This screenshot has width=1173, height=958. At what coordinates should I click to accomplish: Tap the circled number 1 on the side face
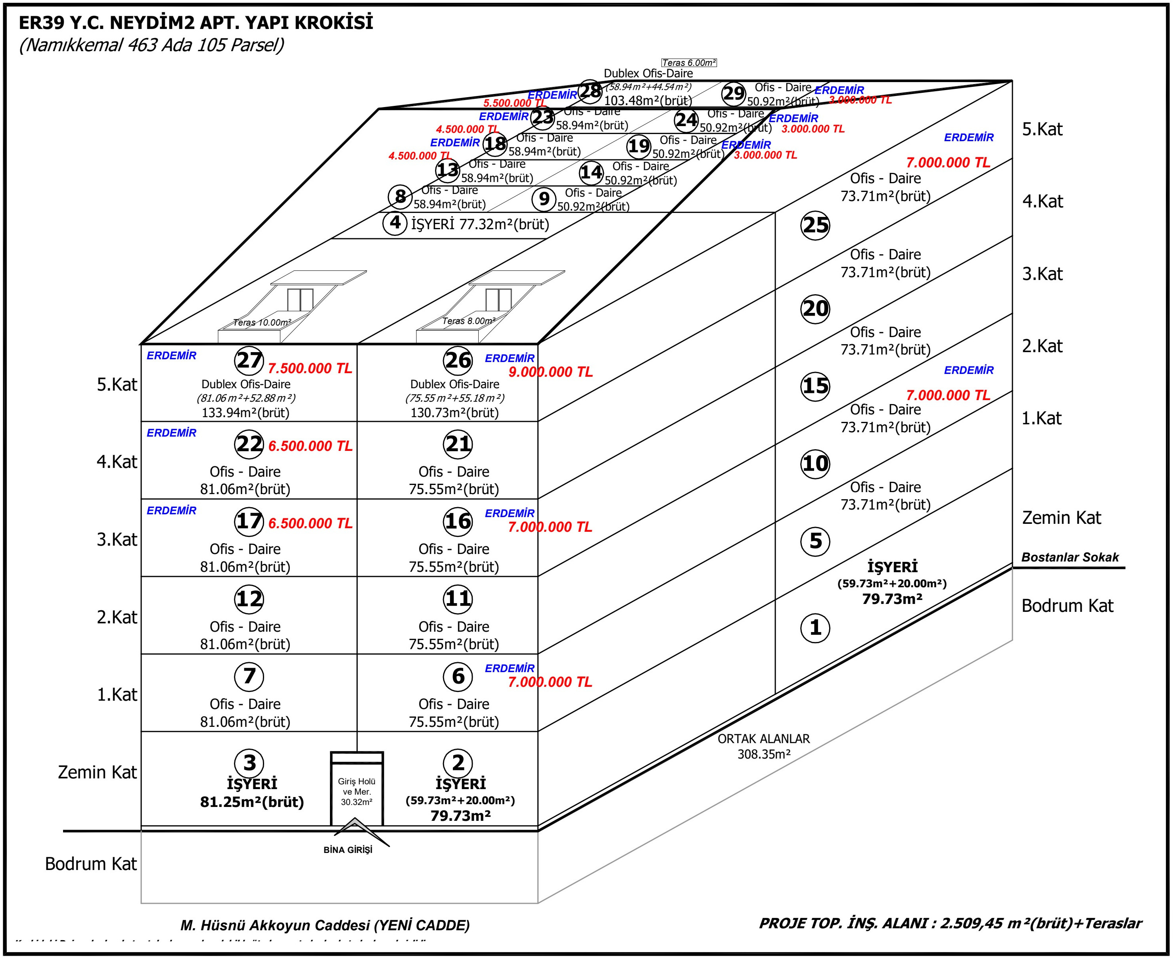(815, 627)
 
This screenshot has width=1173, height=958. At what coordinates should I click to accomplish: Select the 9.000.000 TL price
(550, 372)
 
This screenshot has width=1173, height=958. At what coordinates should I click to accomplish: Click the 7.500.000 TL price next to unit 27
(310, 368)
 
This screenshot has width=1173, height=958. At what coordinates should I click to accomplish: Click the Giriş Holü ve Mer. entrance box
(356, 791)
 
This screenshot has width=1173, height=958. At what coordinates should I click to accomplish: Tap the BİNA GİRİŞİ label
(348, 850)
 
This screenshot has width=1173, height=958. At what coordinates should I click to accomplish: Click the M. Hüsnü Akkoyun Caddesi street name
(325, 925)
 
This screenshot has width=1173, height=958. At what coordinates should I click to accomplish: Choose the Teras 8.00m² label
(468, 321)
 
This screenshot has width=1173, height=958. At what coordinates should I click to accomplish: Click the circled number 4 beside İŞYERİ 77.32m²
(395, 223)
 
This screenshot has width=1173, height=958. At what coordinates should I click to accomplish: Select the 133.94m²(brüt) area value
(245, 412)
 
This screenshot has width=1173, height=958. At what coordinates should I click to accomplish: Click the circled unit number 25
(815, 225)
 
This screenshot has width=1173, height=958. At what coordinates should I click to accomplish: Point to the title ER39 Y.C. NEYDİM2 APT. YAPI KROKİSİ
(196, 23)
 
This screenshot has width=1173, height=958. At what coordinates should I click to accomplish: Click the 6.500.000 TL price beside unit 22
(310, 446)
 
